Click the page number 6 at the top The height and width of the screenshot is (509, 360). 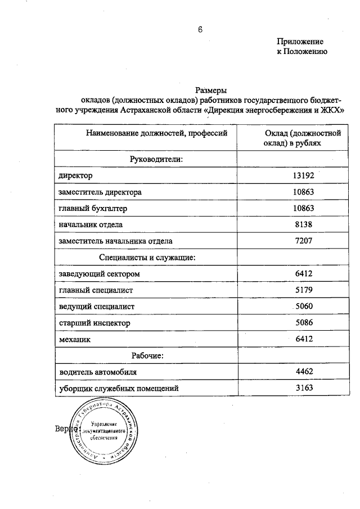click(x=199, y=30)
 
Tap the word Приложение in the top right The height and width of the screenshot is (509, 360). click(x=300, y=41)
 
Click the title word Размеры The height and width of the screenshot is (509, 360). click(x=210, y=90)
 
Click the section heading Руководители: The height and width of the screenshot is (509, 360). click(x=157, y=159)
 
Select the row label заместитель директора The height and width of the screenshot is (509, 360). click(x=100, y=192)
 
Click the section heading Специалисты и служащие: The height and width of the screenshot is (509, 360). click(x=147, y=257)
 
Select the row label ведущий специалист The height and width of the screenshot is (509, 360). click(x=96, y=307)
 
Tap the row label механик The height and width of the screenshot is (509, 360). click(x=74, y=339)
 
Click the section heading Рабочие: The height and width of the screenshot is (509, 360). click(x=147, y=355)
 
